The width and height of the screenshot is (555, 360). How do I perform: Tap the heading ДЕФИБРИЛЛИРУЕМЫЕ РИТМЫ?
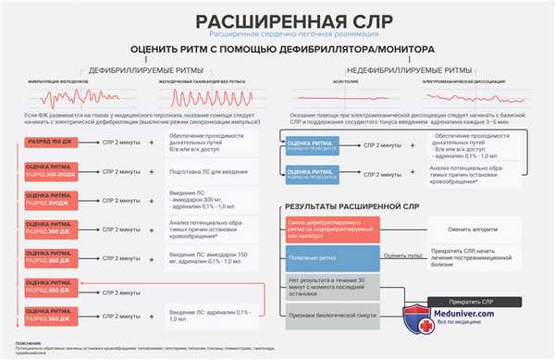click(142, 69)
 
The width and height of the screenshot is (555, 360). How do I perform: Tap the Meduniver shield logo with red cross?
click(413, 318)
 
